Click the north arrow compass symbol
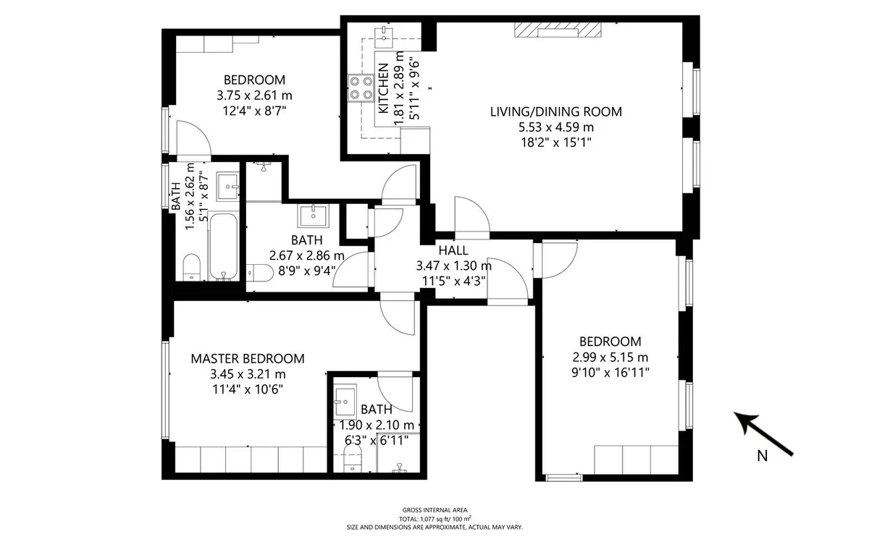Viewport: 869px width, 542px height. tap(763, 433)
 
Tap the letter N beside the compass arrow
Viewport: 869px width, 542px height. tap(763, 456)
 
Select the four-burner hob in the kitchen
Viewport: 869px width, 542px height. tap(361, 88)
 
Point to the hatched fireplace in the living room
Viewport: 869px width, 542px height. tap(558, 30)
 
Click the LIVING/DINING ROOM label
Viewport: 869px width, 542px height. tap(556, 111)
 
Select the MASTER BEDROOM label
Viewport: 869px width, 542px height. tap(248, 359)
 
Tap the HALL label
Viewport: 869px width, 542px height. tap(453, 250)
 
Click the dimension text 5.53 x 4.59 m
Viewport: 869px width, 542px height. tap(556, 127)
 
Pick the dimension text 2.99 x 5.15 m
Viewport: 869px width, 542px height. tap(610, 357)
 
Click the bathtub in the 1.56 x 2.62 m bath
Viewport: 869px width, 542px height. tap(223, 245)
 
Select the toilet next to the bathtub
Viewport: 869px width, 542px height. tap(191, 267)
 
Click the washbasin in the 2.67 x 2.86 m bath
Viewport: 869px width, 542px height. tap(314, 216)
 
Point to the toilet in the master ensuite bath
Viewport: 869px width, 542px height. tap(353, 458)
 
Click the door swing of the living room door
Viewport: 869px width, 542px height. tap(472, 218)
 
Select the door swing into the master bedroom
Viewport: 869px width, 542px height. tap(398, 314)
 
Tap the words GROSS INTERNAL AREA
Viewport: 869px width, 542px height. tap(435, 510)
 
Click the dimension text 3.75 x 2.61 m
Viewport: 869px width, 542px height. tap(254, 96)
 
